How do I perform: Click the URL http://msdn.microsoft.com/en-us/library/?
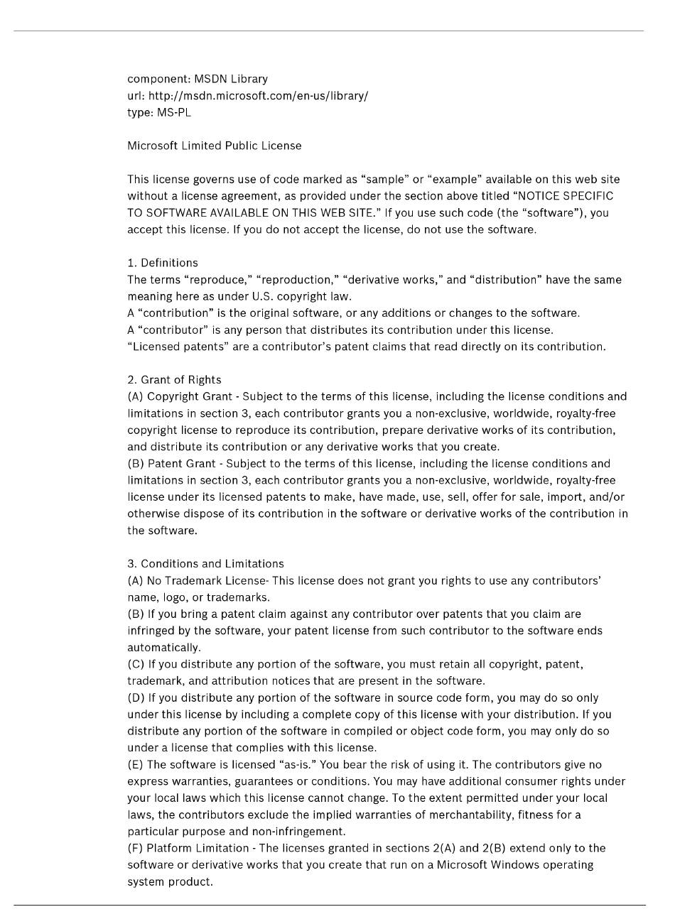(x=258, y=96)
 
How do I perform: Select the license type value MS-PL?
(x=174, y=112)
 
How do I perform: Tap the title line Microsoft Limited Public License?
(x=214, y=146)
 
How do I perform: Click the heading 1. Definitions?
(x=163, y=263)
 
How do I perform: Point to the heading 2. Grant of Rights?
(x=174, y=380)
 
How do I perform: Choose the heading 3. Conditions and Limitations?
(x=205, y=564)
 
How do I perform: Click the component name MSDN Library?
(x=231, y=79)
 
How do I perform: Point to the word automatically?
(x=163, y=648)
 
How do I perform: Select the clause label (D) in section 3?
(x=136, y=698)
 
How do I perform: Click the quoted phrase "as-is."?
(x=297, y=765)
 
